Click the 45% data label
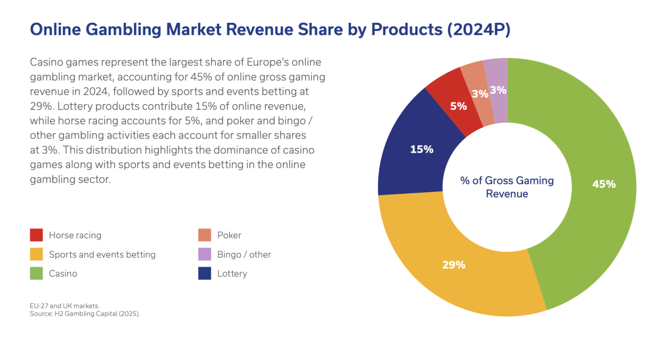coord(603,183)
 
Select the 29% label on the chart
coord(453,265)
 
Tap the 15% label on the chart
coord(422,149)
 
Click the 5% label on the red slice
coord(458,106)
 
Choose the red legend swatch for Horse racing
coord(36,235)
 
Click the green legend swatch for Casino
coord(36,273)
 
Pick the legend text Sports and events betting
coord(102,254)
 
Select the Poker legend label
coord(229,235)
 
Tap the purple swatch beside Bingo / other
coord(205,254)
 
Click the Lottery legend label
coord(232,273)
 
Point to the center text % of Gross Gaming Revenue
coord(506,187)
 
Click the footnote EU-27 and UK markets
coord(64,306)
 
